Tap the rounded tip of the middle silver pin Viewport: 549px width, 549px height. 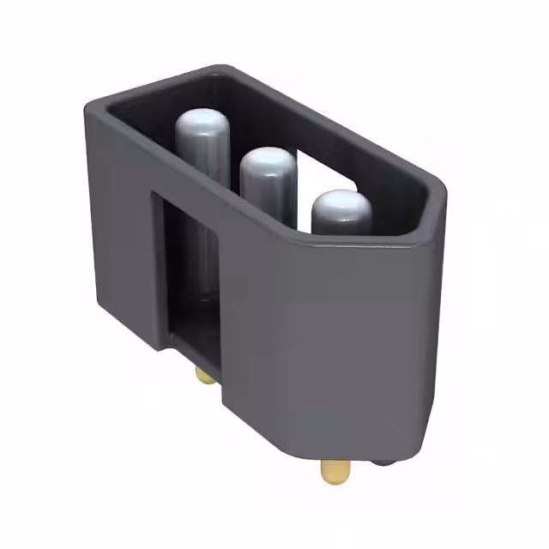[x=267, y=162]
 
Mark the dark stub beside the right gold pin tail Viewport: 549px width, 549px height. [x=383, y=460]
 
